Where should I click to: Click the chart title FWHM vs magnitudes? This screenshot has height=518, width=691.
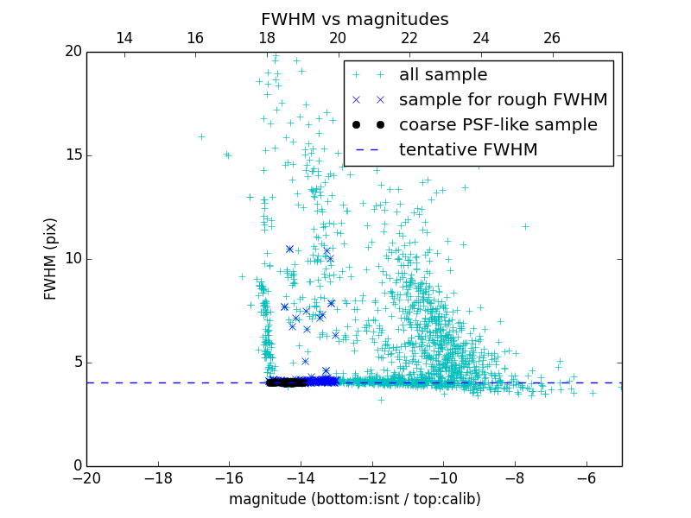(x=354, y=19)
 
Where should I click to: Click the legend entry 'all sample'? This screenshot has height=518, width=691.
(x=442, y=75)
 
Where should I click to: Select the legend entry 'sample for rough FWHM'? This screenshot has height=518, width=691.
(x=503, y=99)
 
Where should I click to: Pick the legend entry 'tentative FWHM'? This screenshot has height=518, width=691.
(x=467, y=149)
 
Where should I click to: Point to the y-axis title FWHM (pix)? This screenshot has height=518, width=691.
(x=51, y=259)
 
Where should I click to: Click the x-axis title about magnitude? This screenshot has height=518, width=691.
(x=354, y=499)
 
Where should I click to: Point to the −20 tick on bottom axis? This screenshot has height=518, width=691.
(x=86, y=477)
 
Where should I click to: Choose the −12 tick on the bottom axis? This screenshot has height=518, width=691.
(x=372, y=477)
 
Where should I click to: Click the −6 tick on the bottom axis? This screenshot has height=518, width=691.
(x=586, y=477)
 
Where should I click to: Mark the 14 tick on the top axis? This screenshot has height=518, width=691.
(x=124, y=38)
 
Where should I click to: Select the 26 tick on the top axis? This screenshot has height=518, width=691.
(x=552, y=38)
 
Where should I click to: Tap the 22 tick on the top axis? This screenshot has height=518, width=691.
(x=409, y=38)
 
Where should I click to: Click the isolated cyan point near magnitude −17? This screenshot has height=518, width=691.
(x=201, y=136)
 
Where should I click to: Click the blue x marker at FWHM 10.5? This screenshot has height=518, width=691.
(x=289, y=249)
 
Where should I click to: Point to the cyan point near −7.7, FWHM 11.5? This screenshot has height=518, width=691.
(x=525, y=227)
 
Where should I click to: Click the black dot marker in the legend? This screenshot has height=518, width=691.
(x=368, y=124)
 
